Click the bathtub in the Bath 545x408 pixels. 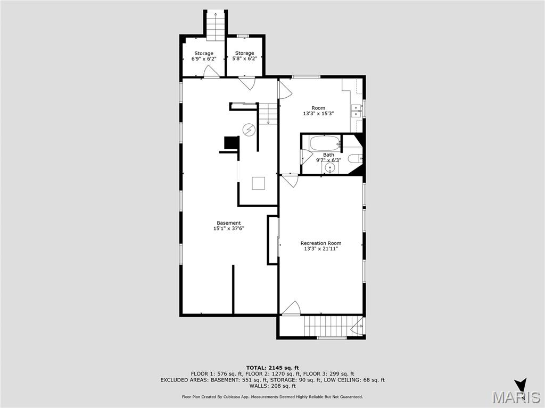pyautogui.click(x=325, y=143)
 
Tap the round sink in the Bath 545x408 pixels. pyautogui.click(x=331, y=168)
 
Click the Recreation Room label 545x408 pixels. pyautogui.click(x=320, y=243)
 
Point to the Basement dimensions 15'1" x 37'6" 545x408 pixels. pyautogui.click(x=228, y=228)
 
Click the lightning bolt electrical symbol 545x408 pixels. pyautogui.click(x=249, y=129)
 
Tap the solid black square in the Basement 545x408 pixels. pyautogui.click(x=232, y=143)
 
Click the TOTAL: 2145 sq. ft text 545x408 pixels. pyautogui.click(x=272, y=368)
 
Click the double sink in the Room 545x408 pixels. pyautogui.click(x=356, y=110)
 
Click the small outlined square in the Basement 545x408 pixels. pyautogui.click(x=259, y=183)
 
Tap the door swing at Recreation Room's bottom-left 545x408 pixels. pyautogui.click(x=291, y=308)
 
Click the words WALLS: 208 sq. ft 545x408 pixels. pyautogui.click(x=272, y=386)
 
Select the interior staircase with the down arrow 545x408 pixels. pyautogui.click(x=269, y=113)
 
